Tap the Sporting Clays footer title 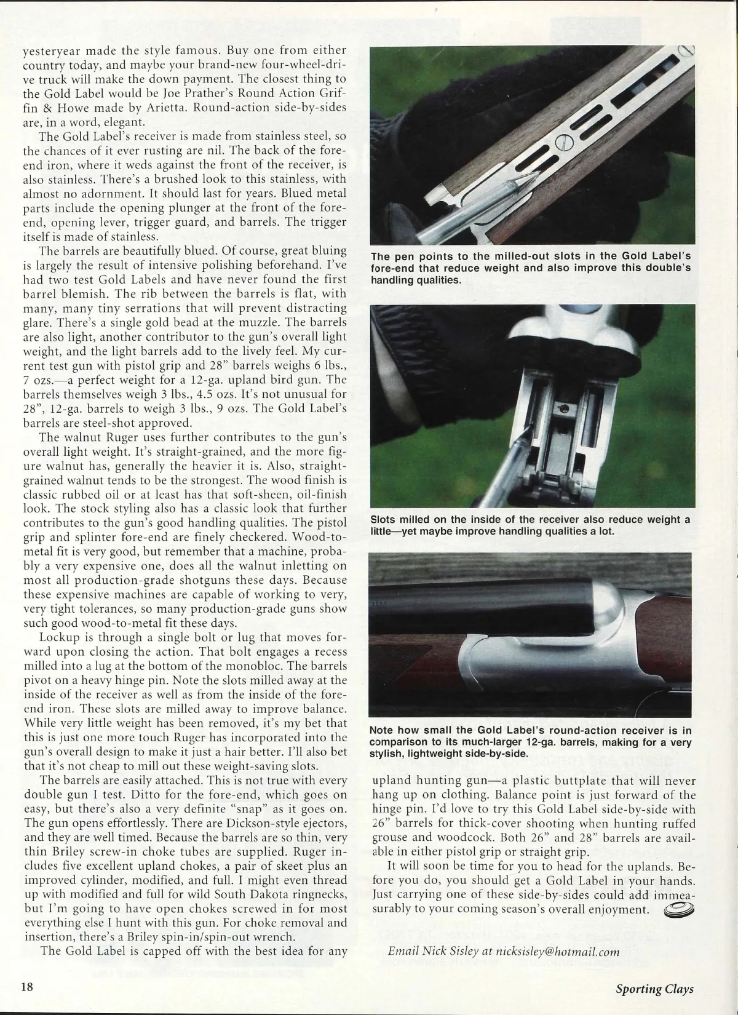(655, 989)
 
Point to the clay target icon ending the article (677, 909)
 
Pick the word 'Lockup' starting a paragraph (59, 637)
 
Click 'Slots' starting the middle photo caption (384, 520)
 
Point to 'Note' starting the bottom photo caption (383, 730)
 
